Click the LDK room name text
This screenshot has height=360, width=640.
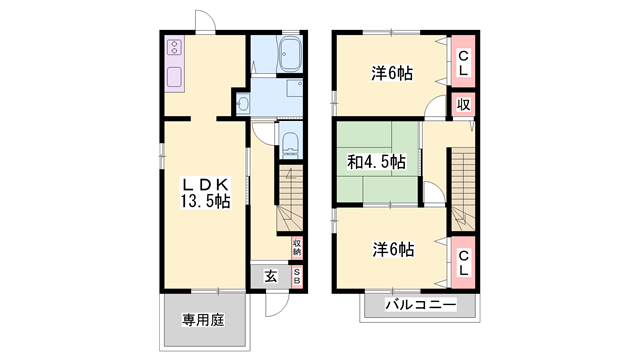(x=206, y=184)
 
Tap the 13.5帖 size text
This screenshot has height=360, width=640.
(x=206, y=201)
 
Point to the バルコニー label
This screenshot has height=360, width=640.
(x=421, y=304)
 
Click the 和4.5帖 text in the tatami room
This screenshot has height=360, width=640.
(x=376, y=161)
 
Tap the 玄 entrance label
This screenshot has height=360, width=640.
(x=270, y=276)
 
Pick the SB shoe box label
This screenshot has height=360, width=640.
(x=296, y=276)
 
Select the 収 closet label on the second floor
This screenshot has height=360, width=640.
(x=464, y=105)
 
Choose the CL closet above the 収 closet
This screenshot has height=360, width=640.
(x=464, y=63)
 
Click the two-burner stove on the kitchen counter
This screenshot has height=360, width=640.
(x=172, y=48)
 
